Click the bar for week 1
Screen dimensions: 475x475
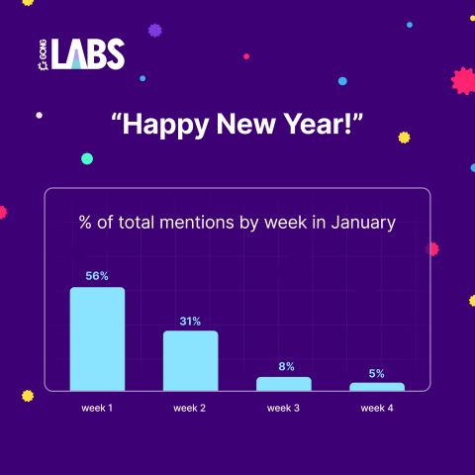pyautogui.click(x=97, y=338)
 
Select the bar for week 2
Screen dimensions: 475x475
pyautogui.click(x=191, y=360)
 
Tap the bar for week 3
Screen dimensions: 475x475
pyautogui.click(x=284, y=384)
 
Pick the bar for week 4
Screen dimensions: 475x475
pyautogui.click(x=377, y=387)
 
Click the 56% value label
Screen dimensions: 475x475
pyautogui.click(x=97, y=276)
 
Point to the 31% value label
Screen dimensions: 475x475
pyautogui.click(x=190, y=322)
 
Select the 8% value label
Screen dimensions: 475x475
pyautogui.click(x=286, y=366)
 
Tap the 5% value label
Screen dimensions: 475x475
pyautogui.click(x=377, y=373)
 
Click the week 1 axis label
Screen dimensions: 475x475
pyautogui.click(x=97, y=408)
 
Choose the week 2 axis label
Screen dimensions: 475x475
pyautogui.click(x=190, y=408)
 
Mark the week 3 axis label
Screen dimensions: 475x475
pyautogui.click(x=283, y=408)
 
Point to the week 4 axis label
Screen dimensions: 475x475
pyautogui.click(x=377, y=408)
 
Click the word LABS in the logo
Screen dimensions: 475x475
pyautogui.click(x=88, y=53)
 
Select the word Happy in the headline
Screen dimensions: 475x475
pyautogui.click(x=166, y=126)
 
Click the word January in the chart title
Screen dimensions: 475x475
pyautogui.click(x=363, y=223)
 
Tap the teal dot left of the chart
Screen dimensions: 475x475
pyautogui.click(x=87, y=158)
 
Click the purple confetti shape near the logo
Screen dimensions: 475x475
pyautogui.click(x=155, y=31)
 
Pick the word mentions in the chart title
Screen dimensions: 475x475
pyautogui.click(x=197, y=223)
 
